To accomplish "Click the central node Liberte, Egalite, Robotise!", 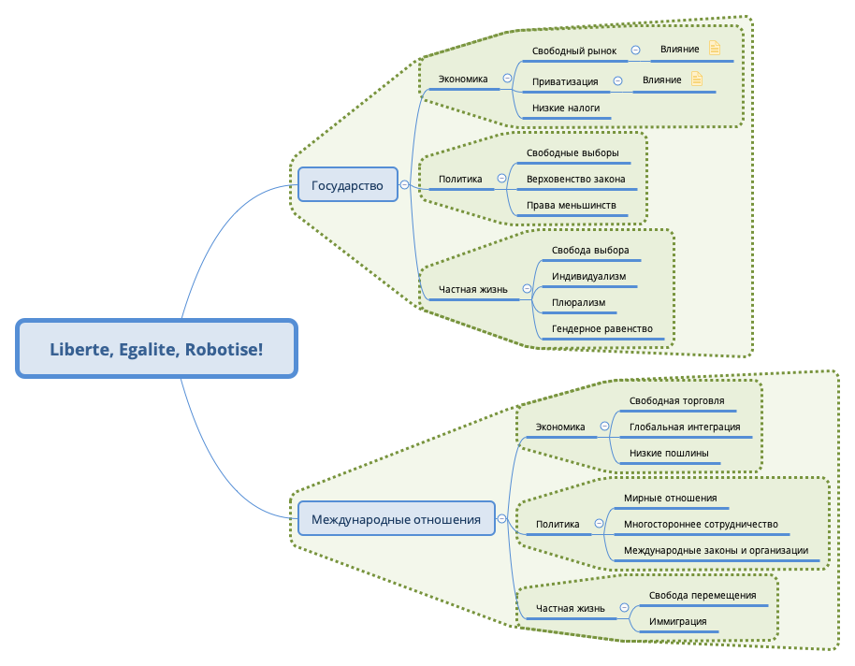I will click(x=156, y=349).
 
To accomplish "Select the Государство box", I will click(x=347, y=185).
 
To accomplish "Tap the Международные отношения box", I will click(x=396, y=518).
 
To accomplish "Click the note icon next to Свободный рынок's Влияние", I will click(x=715, y=49).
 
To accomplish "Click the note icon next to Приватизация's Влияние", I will click(x=696, y=80).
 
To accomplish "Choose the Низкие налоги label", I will click(x=566, y=109).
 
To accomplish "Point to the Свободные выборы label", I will click(x=572, y=152).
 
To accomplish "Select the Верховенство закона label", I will click(x=576, y=179).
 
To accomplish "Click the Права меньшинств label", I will click(x=571, y=205).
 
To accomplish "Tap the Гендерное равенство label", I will click(x=601, y=329).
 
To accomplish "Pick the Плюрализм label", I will click(x=578, y=303).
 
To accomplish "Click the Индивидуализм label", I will click(x=588, y=277).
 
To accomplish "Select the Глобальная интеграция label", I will click(x=685, y=427).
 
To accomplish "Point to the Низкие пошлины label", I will click(x=669, y=453).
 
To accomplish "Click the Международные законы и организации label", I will click(x=716, y=551).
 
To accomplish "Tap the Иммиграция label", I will click(x=677, y=621).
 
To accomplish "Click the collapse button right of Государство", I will click(x=404, y=185).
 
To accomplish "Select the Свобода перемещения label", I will click(x=702, y=595).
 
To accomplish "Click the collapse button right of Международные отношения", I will click(x=502, y=518).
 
